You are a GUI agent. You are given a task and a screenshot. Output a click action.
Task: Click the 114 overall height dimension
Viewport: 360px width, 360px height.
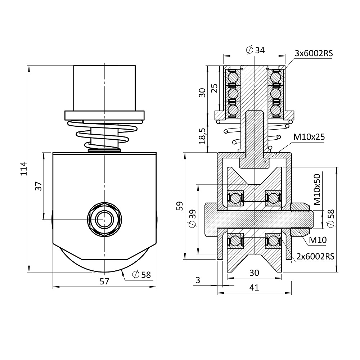pyautogui.click(x=23, y=168)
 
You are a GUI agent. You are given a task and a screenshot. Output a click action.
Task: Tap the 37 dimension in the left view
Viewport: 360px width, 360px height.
pyautogui.click(x=39, y=186)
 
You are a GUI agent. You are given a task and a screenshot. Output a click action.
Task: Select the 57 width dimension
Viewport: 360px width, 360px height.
pyautogui.click(x=104, y=282)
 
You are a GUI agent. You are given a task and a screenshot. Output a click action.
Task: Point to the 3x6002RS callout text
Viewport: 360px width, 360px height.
pyautogui.click(x=313, y=53)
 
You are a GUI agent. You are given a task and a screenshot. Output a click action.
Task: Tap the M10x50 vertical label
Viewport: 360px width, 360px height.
pyautogui.click(x=317, y=189)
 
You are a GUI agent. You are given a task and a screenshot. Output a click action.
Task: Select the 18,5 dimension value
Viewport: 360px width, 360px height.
pyautogui.click(x=202, y=136)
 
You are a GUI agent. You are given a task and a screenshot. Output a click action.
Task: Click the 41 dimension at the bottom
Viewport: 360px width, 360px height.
pyautogui.click(x=254, y=287)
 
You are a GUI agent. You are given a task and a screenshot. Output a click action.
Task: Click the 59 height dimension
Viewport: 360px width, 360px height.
pyautogui.click(x=180, y=206)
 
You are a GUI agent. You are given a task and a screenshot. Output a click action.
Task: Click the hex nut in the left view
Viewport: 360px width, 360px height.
pyautogui.click(x=104, y=219)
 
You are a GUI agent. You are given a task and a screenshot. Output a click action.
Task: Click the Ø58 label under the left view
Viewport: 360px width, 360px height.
pyautogui.click(x=141, y=275)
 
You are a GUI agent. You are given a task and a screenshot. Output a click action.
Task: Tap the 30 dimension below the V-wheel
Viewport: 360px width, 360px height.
pyautogui.click(x=254, y=273)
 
